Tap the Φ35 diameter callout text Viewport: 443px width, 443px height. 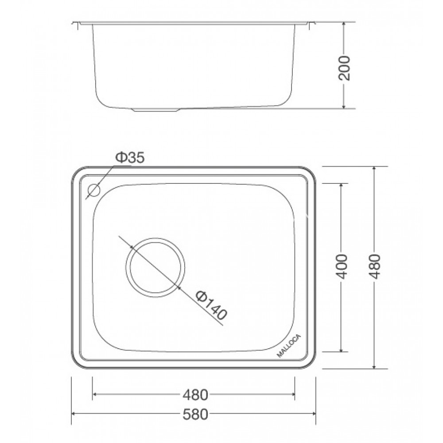[130, 158]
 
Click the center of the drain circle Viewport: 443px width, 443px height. [155, 267]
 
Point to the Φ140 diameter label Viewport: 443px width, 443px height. [211, 306]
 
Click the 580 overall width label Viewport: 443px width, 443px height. [194, 415]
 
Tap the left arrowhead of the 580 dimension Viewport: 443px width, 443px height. [74, 414]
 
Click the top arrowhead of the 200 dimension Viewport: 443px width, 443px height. [344, 23]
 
